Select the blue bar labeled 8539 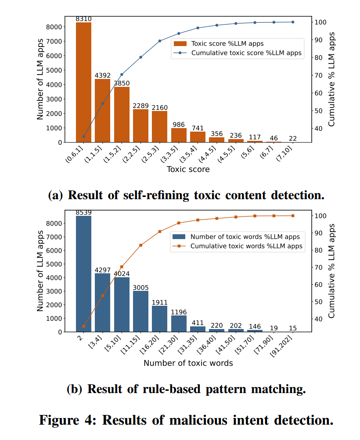(83, 274)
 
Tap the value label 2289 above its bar (140, 106)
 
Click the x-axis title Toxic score (188, 169)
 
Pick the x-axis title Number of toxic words (188, 363)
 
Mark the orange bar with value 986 (179, 135)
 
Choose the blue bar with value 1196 (179, 324)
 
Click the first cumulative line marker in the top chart (83, 136)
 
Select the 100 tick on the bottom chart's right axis (320, 215)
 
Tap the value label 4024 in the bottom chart (122, 274)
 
